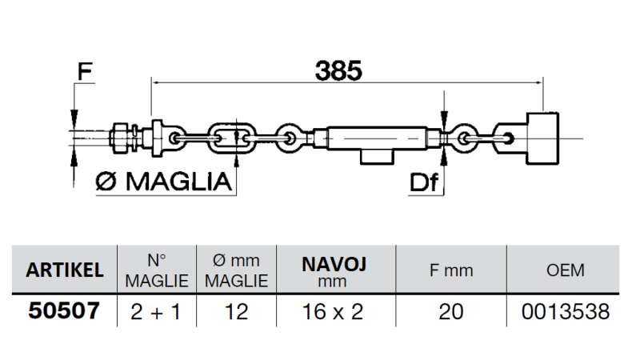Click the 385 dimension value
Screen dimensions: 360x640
point(338,70)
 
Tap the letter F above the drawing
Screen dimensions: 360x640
point(84,71)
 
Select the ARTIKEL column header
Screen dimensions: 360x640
point(65,270)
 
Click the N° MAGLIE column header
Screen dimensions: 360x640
point(156,270)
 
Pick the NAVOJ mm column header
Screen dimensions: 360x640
point(334,270)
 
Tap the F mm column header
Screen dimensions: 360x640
point(451,270)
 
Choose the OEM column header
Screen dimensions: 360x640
point(565,270)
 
